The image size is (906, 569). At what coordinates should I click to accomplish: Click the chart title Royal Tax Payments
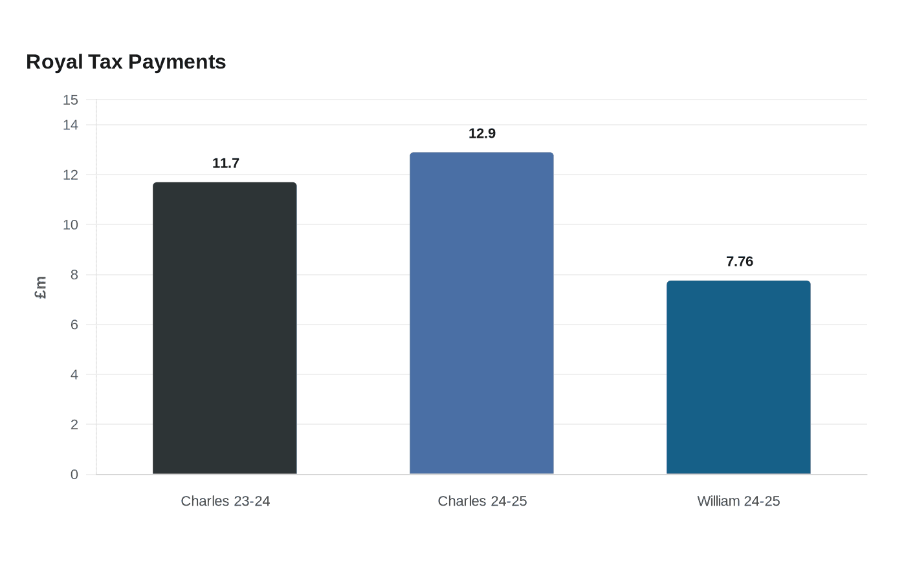click(126, 62)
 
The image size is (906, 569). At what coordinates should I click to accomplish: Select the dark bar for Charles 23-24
click(225, 328)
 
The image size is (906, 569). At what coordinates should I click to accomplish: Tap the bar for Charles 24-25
click(481, 313)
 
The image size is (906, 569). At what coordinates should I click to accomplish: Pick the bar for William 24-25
click(738, 377)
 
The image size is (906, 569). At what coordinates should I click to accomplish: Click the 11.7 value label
click(226, 163)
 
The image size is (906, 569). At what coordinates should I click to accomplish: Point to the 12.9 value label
click(481, 133)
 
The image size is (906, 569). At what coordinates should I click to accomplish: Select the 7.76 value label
click(739, 261)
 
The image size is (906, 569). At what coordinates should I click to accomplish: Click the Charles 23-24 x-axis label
click(225, 501)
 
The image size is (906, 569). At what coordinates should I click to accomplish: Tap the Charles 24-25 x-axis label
click(482, 501)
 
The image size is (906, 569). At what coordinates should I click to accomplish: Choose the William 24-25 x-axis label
click(738, 501)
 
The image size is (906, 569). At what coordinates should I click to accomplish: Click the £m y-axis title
click(40, 287)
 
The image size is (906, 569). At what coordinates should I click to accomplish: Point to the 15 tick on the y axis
click(71, 100)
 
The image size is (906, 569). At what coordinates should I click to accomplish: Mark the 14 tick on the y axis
click(71, 125)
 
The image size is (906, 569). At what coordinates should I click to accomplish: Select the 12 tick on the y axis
click(71, 175)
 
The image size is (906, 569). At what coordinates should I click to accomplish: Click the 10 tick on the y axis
click(71, 225)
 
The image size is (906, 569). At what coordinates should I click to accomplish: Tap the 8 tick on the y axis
click(74, 275)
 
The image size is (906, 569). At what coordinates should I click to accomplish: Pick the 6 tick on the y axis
click(74, 325)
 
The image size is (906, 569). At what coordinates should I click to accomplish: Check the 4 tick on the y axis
click(74, 374)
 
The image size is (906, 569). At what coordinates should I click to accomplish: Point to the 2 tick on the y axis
click(74, 424)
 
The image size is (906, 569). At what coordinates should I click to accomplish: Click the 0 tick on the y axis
click(74, 475)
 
